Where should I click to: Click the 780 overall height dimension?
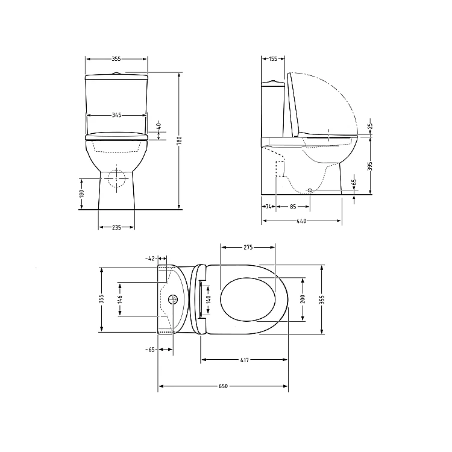[x=179, y=140]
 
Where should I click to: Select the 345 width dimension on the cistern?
[x=117, y=115]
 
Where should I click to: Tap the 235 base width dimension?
[x=116, y=227]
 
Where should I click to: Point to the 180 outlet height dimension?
[x=81, y=193]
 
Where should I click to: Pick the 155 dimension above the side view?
[x=272, y=59]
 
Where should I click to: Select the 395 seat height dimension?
[x=371, y=166]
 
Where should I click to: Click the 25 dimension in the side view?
[x=371, y=126]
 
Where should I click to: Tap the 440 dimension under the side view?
[x=301, y=221]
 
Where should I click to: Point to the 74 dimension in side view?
[x=268, y=206]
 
